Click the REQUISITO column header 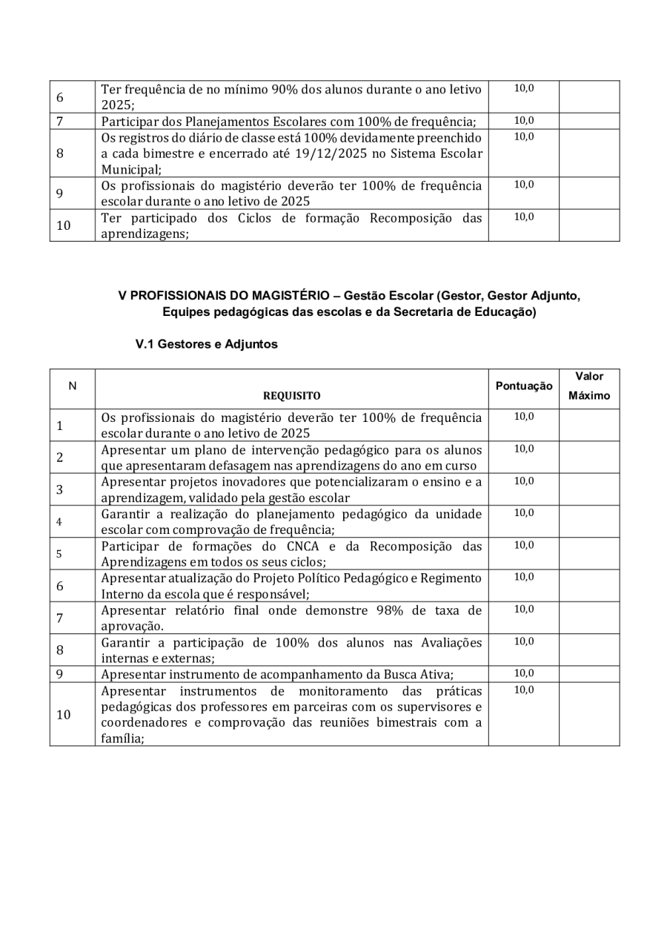tap(291, 396)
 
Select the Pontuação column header tap(523, 386)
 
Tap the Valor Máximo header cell tap(589, 386)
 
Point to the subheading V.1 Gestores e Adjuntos tap(206, 344)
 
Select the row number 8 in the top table tap(60, 154)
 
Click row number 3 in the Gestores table tap(59, 489)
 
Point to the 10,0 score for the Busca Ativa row tap(524, 673)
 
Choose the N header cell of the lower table tap(72, 386)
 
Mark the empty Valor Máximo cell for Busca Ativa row tap(589, 674)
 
